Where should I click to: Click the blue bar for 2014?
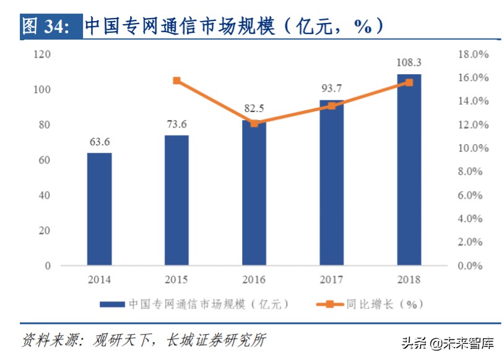pyautogui.click(x=99, y=209)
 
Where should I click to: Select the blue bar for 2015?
pyautogui.click(x=176, y=200)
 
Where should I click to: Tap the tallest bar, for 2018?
pyautogui.click(x=409, y=170)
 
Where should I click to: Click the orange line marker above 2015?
pyautogui.click(x=176, y=80)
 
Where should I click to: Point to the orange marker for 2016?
pyautogui.click(x=254, y=123)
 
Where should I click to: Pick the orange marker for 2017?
pyautogui.click(x=332, y=106)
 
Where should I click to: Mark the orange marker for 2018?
pyautogui.click(x=409, y=82)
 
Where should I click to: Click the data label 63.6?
pyautogui.click(x=99, y=142)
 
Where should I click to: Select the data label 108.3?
pyautogui.click(x=409, y=62)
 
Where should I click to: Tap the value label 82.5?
pyautogui.click(x=254, y=108)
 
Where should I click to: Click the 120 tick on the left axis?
pyautogui.click(x=42, y=54)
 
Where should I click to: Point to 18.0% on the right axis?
pyautogui.click(x=473, y=54)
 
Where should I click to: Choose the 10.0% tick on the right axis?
pyautogui.click(x=473, y=148)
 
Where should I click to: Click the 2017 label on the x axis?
pyautogui.click(x=332, y=280)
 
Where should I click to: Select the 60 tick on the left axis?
pyautogui.click(x=45, y=160)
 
